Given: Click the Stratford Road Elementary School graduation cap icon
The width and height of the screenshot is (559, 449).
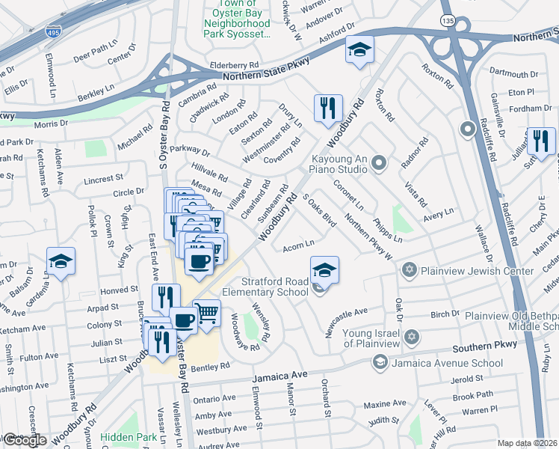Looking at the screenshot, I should click(x=324, y=270).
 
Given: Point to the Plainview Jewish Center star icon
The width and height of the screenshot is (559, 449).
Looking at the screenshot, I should click(x=409, y=269).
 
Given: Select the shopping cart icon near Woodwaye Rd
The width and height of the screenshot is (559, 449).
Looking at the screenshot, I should click(x=206, y=313).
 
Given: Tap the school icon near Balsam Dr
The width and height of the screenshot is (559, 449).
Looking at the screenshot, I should click(x=61, y=261).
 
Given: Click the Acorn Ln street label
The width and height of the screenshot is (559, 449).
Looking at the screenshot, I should click(x=298, y=245).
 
